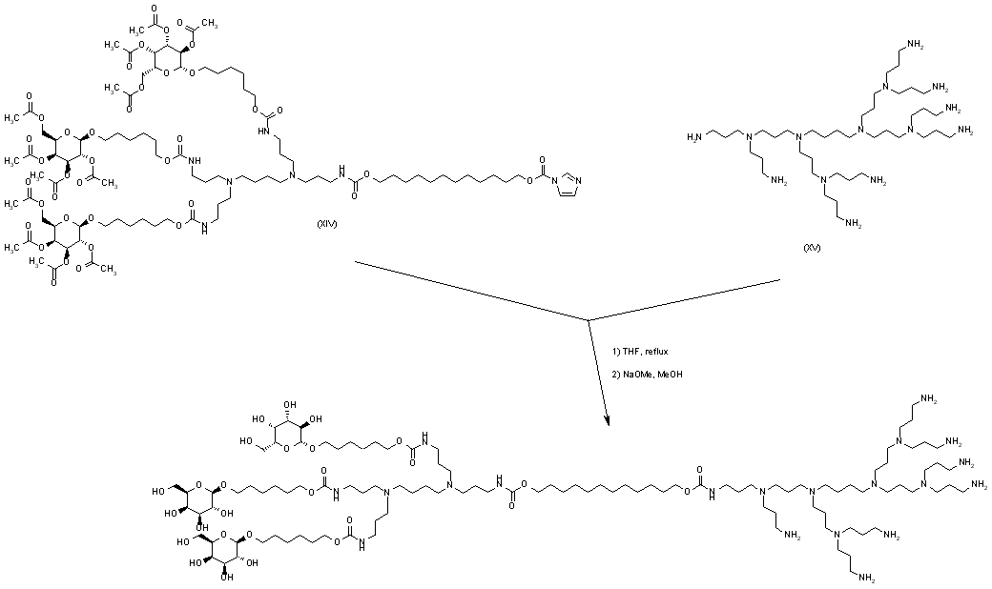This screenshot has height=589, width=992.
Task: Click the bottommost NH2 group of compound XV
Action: (x=848, y=225)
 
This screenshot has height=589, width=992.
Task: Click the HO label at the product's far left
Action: (x=156, y=493)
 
